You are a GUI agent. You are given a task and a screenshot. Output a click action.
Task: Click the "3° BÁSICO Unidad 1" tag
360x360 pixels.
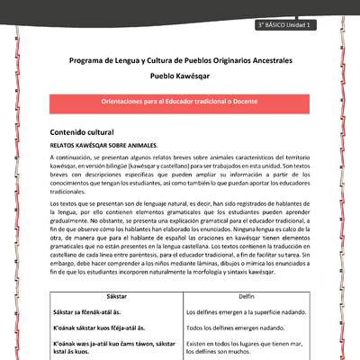click(x=282, y=25)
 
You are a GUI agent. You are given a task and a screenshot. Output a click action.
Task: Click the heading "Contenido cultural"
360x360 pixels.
click(x=88, y=132)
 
